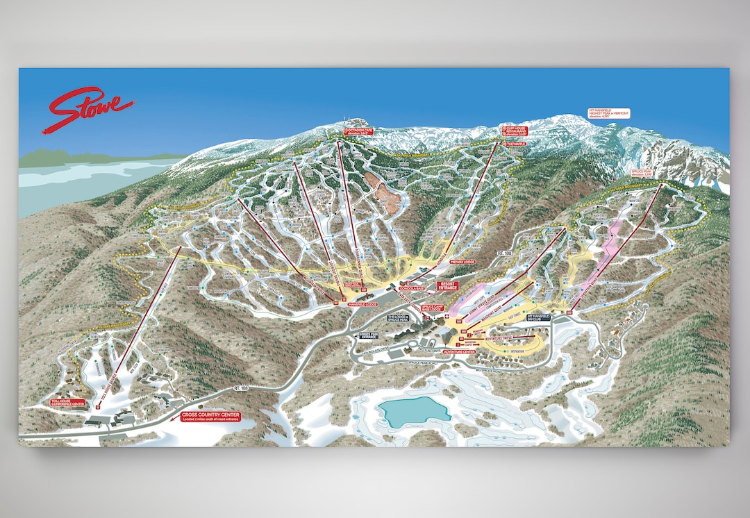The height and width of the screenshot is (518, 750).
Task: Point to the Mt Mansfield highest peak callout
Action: point(609,114)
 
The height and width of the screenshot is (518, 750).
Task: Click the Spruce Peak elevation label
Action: point(640,172)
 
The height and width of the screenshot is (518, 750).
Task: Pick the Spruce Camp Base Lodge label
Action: point(433,308)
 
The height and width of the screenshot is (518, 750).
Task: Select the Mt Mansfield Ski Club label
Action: point(539,317)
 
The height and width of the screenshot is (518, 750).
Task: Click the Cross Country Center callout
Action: point(210,417)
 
